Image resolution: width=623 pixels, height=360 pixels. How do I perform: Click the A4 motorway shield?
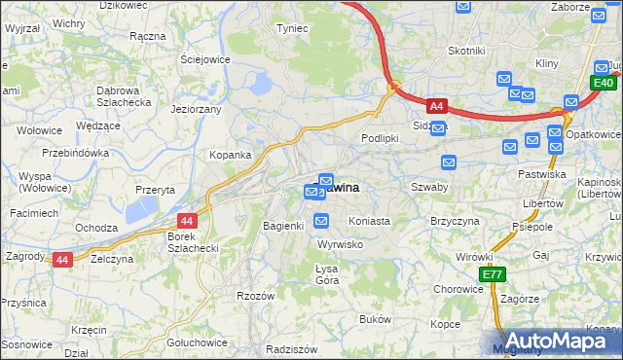point(437,106)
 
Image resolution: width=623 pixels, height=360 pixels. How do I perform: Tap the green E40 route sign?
point(602,85)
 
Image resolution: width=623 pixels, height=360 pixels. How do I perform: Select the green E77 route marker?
point(494,275)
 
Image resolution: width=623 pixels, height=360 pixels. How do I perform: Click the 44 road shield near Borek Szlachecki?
point(188,221)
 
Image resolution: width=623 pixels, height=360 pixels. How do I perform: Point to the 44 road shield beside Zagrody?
point(62,259)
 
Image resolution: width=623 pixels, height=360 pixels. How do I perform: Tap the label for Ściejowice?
point(204,58)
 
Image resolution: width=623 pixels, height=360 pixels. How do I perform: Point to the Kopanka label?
point(231,155)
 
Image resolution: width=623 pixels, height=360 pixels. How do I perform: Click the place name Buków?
point(375,319)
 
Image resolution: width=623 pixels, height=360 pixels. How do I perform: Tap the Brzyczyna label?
point(456,221)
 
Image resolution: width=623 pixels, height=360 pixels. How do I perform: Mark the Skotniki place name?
point(466,50)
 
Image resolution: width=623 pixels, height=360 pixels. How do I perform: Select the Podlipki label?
point(381,138)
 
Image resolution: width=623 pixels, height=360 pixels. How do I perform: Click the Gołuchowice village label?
point(197,342)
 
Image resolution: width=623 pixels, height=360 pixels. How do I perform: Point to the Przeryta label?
point(155,189)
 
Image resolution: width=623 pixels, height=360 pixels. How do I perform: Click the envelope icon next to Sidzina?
point(439,126)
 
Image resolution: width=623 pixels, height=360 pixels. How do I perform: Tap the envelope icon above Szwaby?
point(449,162)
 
